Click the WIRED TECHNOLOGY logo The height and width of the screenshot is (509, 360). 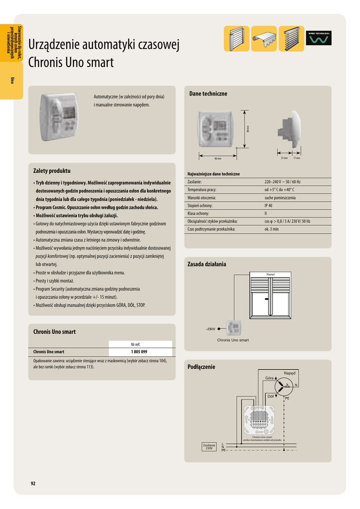click(x=318, y=38)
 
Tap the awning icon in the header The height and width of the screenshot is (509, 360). click(x=264, y=38)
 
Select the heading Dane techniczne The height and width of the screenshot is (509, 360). click(x=208, y=94)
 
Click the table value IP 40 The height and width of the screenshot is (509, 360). click(x=269, y=205)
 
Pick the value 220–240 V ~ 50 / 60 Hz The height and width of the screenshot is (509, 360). click(x=286, y=182)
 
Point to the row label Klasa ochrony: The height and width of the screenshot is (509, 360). click(x=198, y=213)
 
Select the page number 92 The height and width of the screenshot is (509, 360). click(x=33, y=483)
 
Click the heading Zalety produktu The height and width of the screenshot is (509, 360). click(x=52, y=171)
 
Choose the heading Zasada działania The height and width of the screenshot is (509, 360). click(x=206, y=264)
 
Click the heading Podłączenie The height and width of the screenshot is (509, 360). click(x=201, y=367)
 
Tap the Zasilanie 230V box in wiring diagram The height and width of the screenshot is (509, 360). click(x=209, y=447)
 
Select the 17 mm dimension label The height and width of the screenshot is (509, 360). click(x=297, y=158)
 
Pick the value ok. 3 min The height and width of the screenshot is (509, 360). click(x=271, y=229)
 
